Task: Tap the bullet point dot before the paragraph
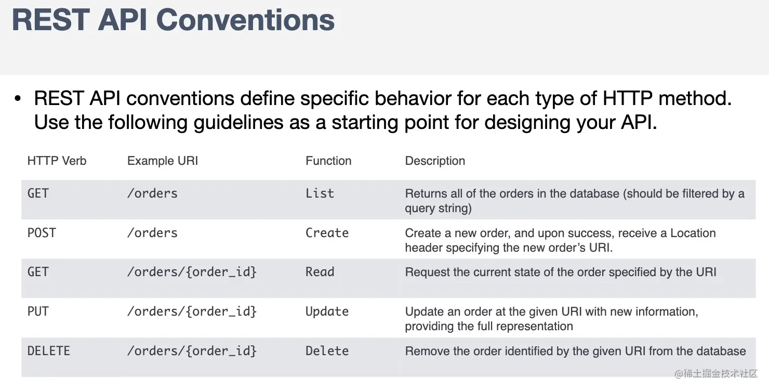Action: pyautogui.click(x=18, y=99)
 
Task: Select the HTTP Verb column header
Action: pyautogui.click(x=57, y=161)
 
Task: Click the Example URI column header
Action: pyautogui.click(x=163, y=161)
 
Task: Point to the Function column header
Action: pyautogui.click(x=328, y=161)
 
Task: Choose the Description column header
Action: pyautogui.click(x=435, y=161)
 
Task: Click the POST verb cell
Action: pyautogui.click(x=42, y=233)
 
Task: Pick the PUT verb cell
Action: pyautogui.click(x=38, y=311)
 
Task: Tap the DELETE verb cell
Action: pyautogui.click(x=49, y=351)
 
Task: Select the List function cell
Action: pyautogui.click(x=320, y=193)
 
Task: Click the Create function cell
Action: pyautogui.click(x=327, y=233)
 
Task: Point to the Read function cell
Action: pyautogui.click(x=320, y=272)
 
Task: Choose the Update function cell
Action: pyautogui.click(x=327, y=311)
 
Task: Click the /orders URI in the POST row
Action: pyautogui.click(x=152, y=233)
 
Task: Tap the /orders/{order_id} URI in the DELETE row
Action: pyautogui.click(x=192, y=351)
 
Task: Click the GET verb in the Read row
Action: pyautogui.click(x=38, y=272)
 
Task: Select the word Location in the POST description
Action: pyautogui.click(x=693, y=233)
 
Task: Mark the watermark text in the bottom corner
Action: pyautogui.click(x=716, y=373)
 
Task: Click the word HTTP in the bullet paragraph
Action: pyautogui.click(x=627, y=98)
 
